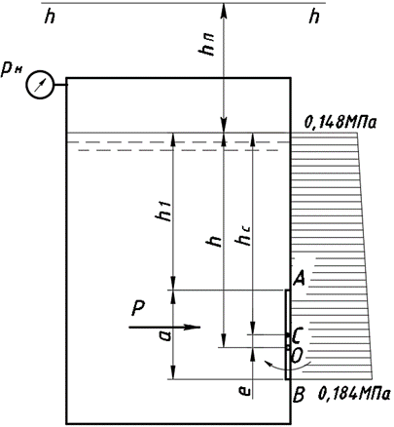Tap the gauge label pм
tap(11, 71)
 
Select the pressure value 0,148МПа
tap(340, 123)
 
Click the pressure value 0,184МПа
tap(354, 394)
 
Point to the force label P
tap(138, 308)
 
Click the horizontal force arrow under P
tap(164, 328)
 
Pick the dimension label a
tap(165, 335)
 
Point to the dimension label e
tap(246, 391)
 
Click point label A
tap(299, 279)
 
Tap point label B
tap(298, 396)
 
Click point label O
tap(298, 357)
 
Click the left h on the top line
tap(50, 17)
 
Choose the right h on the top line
tap(314, 17)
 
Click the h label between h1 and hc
tap(215, 241)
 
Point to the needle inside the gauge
tap(40, 85)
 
